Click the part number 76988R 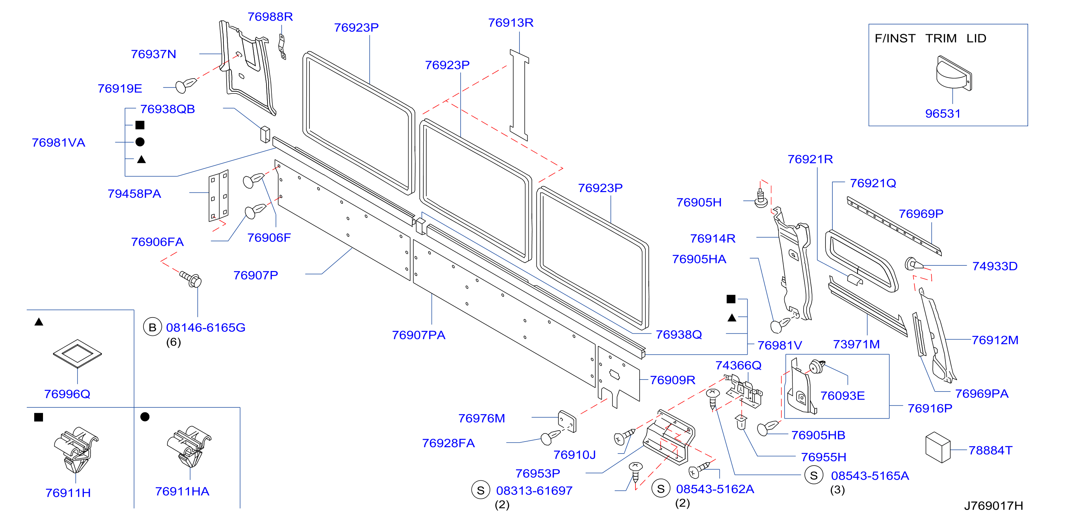click(x=270, y=17)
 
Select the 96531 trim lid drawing click(x=954, y=73)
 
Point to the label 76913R click(x=510, y=23)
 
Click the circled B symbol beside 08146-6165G click(x=152, y=327)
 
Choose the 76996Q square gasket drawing click(x=77, y=353)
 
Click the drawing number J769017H click(x=993, y=506)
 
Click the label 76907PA click(x=418, y=335)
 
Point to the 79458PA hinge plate click(x=218, y=196)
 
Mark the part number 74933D click(x=995, y=266)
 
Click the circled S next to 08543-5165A click(x=813, y=475)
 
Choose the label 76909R click(x=672, y=380)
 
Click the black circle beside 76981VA click(x=140, y=142)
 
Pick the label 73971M click(x=856, y=344)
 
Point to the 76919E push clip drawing click(x=185, y=85)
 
